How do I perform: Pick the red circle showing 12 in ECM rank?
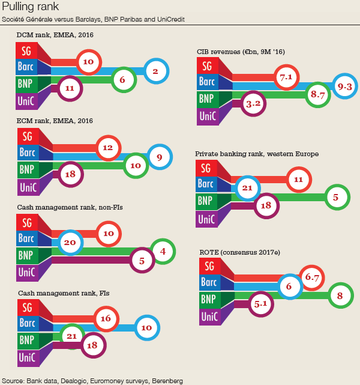108,148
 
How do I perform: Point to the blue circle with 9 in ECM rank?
159,157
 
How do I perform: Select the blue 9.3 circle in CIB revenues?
344,88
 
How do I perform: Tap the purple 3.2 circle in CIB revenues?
253,103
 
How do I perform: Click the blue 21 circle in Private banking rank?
247,187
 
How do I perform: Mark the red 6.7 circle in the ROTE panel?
311,277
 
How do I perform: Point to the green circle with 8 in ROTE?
340,296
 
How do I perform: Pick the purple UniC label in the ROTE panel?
210,316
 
